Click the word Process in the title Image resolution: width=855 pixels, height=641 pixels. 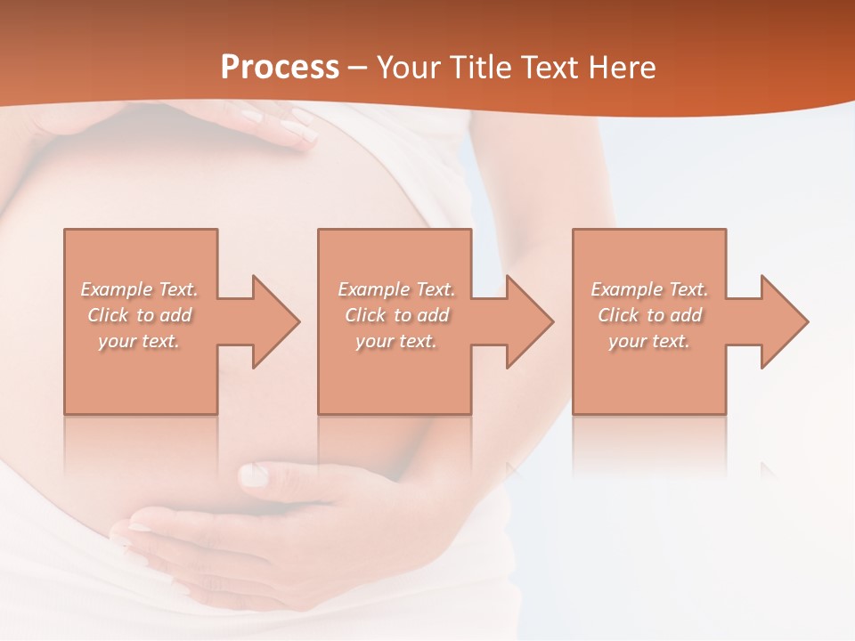pyautogui.click(x=280, y=68)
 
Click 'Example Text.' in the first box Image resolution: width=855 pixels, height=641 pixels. pyautogui.click(x=140, y=289)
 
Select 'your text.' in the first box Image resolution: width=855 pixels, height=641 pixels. pyautogui.click(x=140, y=341)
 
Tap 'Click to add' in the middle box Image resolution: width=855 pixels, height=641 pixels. pyautogui.click(x=396, y=315)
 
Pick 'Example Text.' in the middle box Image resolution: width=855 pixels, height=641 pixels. pyautogui.click(x=396, y=289)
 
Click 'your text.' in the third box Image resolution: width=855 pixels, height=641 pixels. pyautogui.click(x=649, y=341)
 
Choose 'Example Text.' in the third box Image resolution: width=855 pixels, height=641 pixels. pyautogui.click(x=649, y=289)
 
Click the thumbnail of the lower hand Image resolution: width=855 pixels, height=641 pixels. pyautogui.click(x=254, y=475)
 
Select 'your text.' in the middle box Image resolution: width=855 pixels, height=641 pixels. pyautogui.click(x=396, y=341)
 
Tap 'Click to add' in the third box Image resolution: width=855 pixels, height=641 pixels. pyautogui.click(x=649, y=315)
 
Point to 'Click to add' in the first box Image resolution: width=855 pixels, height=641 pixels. pyautogui.click(x=140, y=315)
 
